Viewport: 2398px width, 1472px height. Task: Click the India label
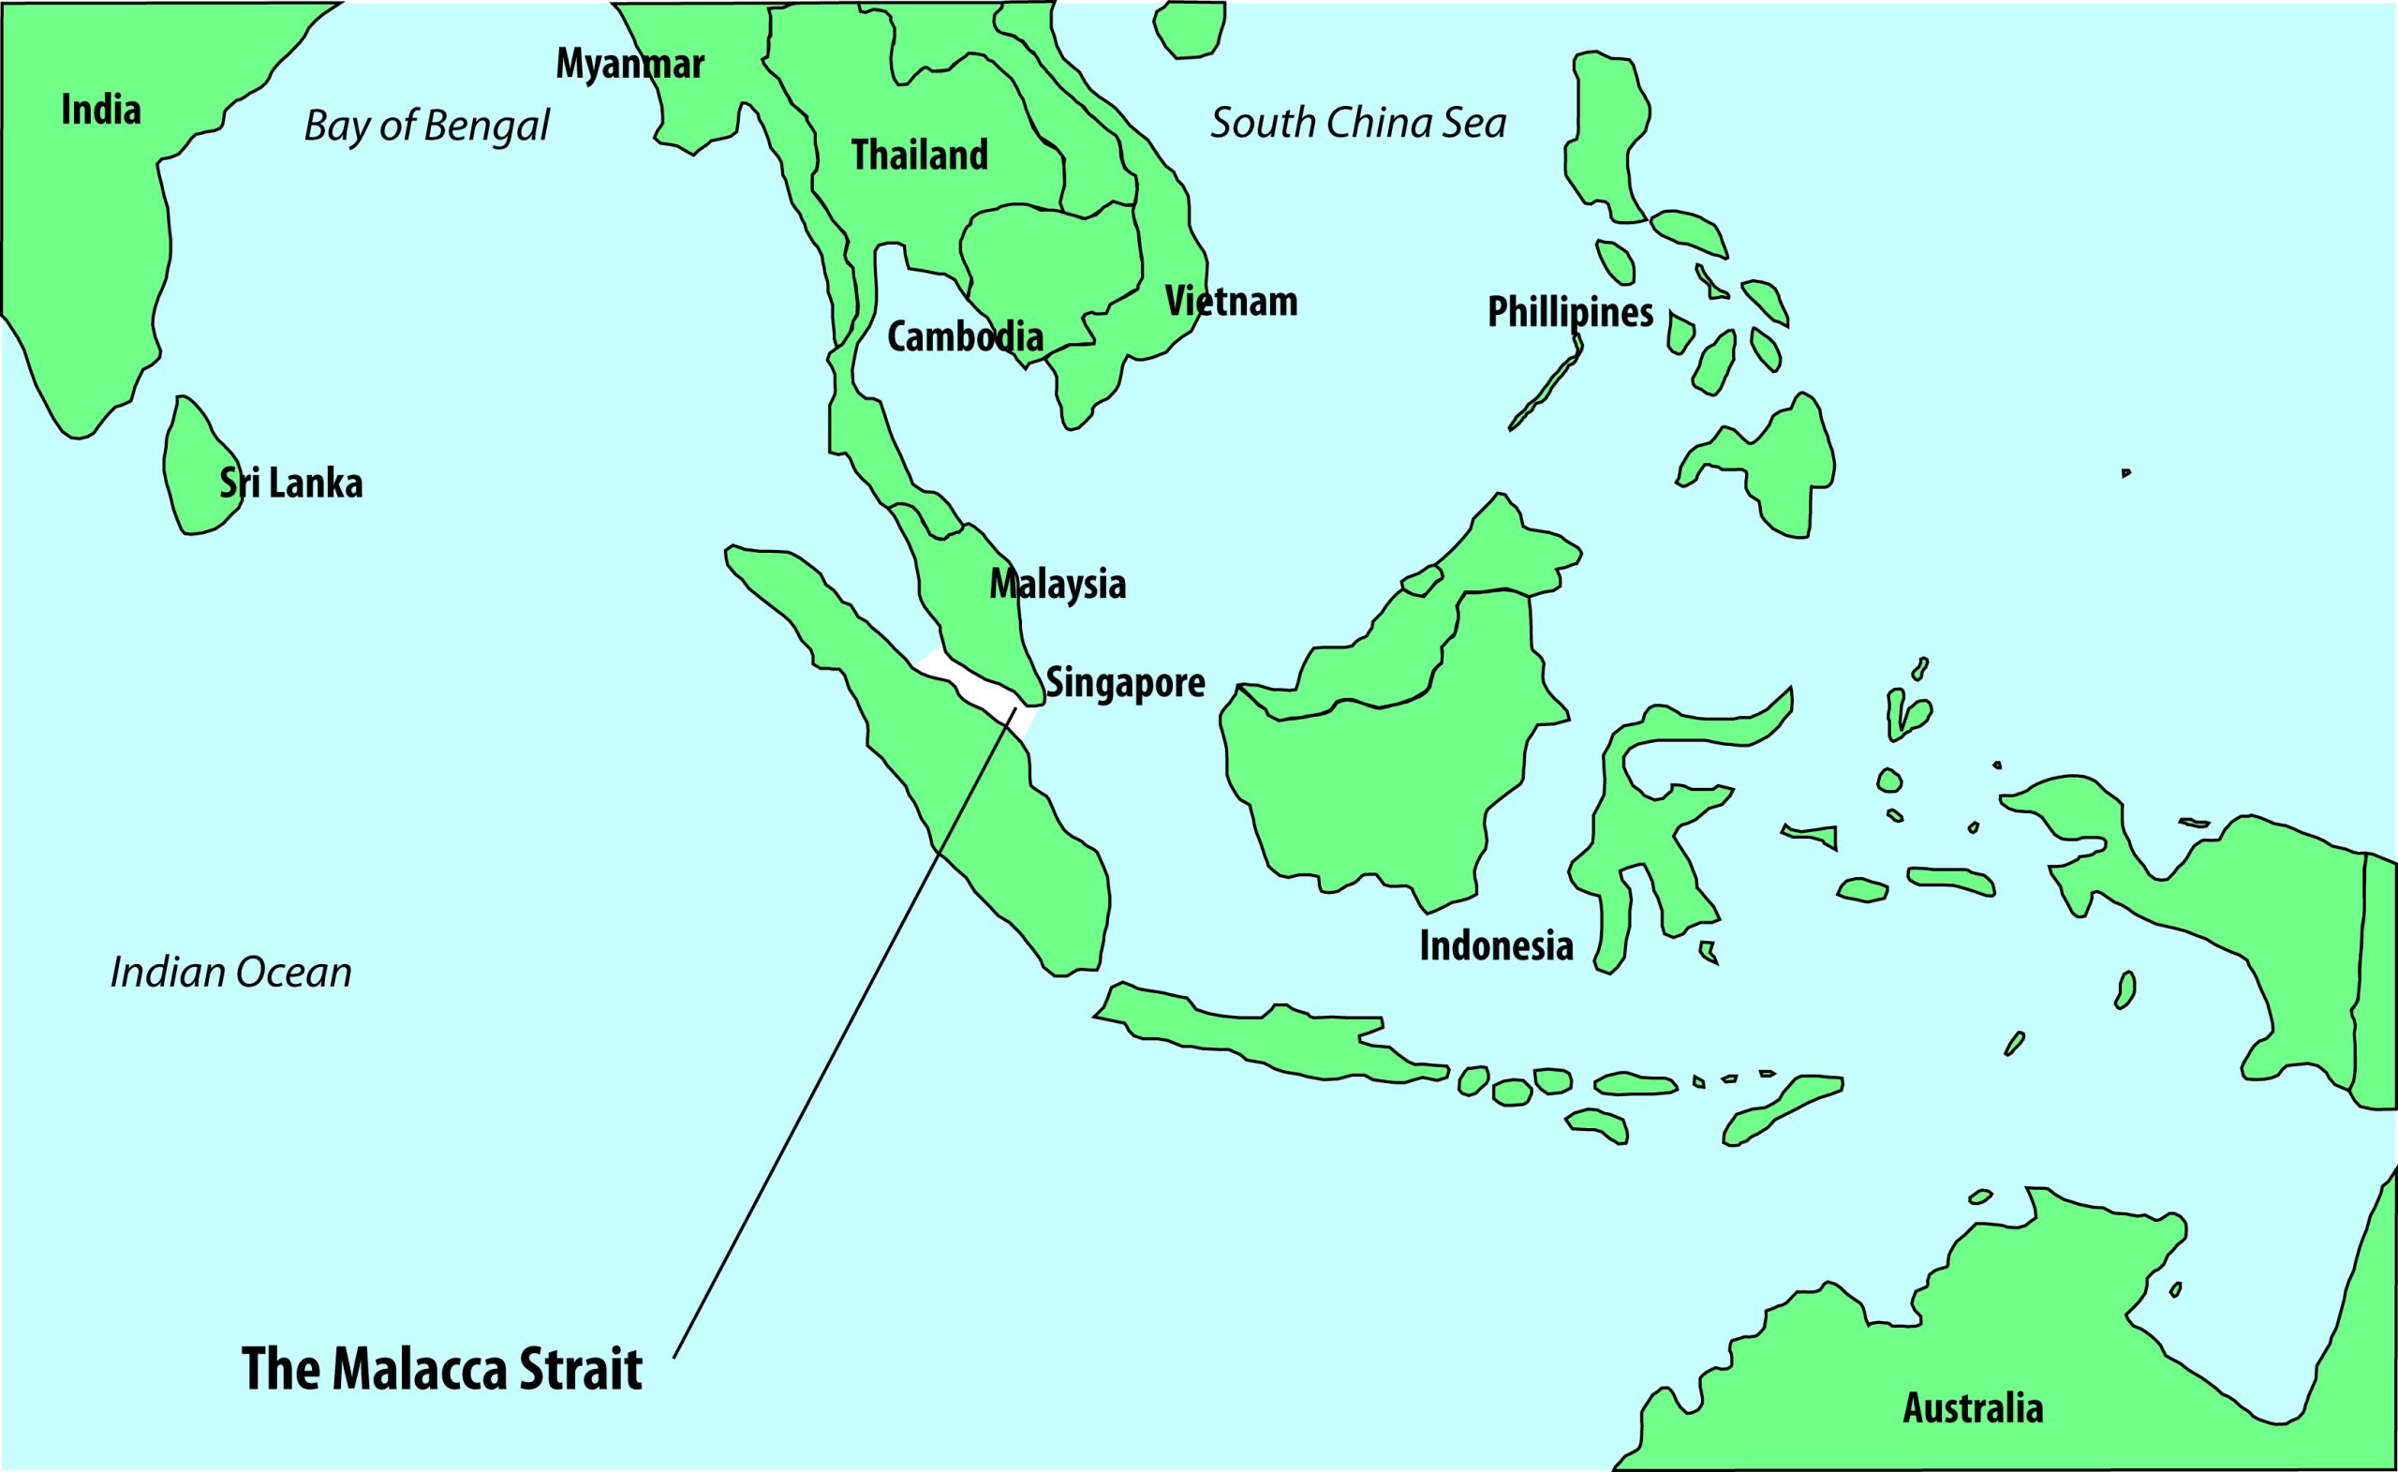(101, 110)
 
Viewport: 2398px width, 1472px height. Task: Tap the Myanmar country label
(629, 65)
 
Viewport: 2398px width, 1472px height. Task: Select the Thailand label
(920, 155)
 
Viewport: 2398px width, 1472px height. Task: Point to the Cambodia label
(965, 337)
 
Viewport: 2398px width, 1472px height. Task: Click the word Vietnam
(1231, 302)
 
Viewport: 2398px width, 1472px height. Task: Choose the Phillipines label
(1570, 313)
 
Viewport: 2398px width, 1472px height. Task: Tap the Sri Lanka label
(291, 483)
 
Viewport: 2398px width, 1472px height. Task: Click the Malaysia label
(1058, 584)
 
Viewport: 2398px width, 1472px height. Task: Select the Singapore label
(1125, 682)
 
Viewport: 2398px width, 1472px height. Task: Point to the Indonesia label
(1496, 945)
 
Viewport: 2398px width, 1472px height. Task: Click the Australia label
(1973, 1407)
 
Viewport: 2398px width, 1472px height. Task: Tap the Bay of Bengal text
(426, 126)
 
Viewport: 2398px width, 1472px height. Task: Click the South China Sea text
(1357, 124)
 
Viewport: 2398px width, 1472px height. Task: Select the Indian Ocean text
(230, 973)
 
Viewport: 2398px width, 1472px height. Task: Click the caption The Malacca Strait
(442, 1369)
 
